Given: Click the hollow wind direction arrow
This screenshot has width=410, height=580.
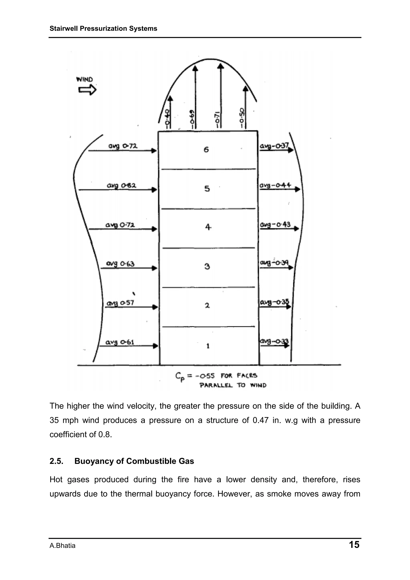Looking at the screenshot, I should [87, 90].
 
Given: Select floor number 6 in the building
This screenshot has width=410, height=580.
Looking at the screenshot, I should [206, 150].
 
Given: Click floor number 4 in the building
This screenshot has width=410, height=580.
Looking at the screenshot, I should [208, 227].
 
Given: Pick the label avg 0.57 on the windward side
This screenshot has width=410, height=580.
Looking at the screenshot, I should [120, 303].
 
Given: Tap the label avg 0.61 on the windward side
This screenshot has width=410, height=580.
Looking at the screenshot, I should [120, 342].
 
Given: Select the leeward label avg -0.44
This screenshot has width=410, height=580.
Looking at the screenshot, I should [275, 185].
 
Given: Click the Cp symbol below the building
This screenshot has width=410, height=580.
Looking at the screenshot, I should [179, 377].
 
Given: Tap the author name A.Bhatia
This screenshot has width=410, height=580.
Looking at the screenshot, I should [62, 546].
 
